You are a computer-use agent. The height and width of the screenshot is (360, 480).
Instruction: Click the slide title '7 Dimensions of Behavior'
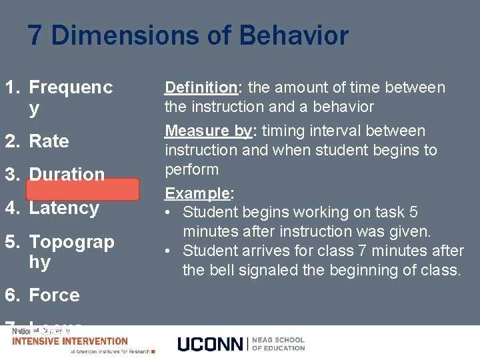[188, 35]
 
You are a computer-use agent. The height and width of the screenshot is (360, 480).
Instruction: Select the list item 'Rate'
[49, 141]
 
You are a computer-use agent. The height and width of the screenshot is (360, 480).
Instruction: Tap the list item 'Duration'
[67, 175]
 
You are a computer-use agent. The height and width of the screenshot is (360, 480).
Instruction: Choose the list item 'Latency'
[64, 208]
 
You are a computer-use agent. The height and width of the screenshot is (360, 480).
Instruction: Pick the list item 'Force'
[54, 295]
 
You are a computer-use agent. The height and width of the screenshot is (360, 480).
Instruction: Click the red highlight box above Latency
[83, 189]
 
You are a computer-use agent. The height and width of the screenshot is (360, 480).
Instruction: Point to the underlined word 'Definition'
[201, 87]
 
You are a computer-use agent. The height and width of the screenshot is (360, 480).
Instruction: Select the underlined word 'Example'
[197, 193]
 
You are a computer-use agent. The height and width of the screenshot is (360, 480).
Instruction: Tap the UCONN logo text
[211, 344]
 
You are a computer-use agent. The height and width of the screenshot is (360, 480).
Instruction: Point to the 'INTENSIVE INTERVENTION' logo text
[70, 341]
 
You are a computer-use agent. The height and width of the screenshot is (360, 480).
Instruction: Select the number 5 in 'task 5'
[413, 212]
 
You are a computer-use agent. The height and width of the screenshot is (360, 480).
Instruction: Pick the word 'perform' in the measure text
[192, 169]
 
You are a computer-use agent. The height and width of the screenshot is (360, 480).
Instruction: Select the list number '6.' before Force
[14, 295]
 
